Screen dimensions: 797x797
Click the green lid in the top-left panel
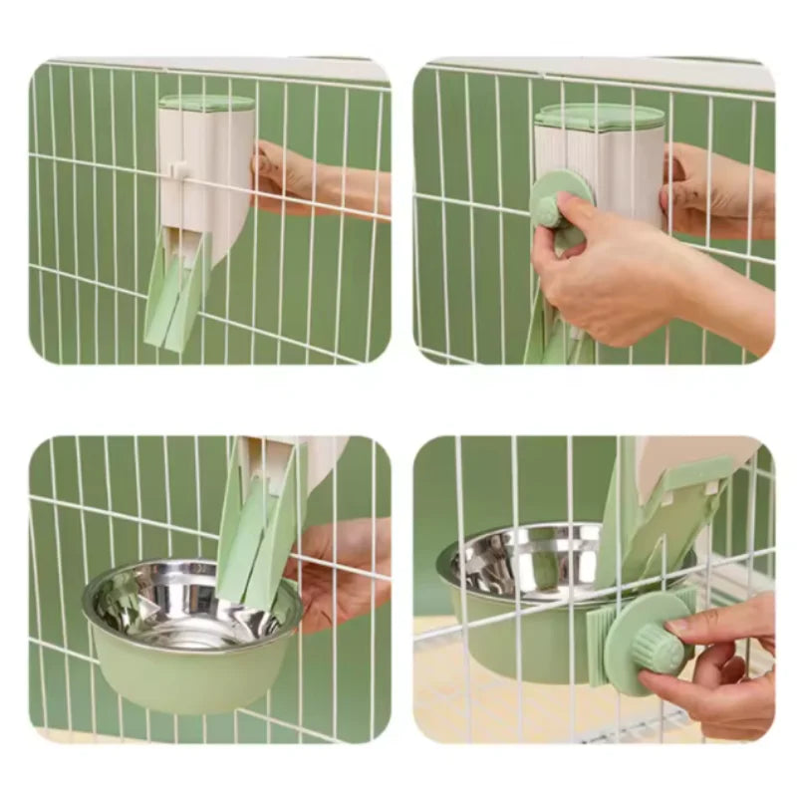[x=206, y=103]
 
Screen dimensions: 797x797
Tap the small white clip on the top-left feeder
[x=180, y=169]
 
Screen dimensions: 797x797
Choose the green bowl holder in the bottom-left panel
[x=189, y=677]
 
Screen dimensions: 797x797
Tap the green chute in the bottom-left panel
[x=254, y=528]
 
